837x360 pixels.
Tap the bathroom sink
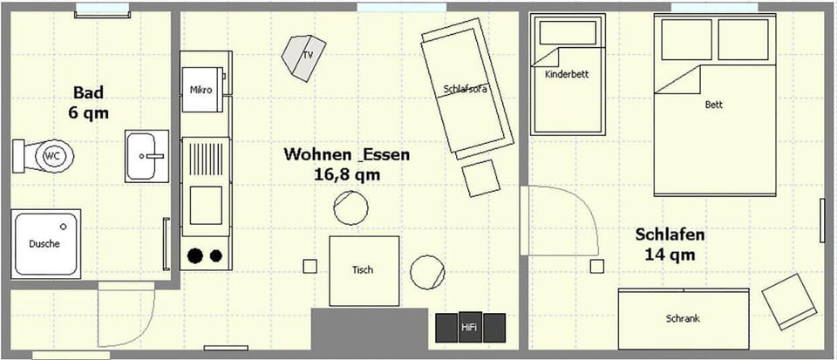pyautogui.click(x=146, y=156)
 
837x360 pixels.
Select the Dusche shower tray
pyautogui.click(x=46, y=243)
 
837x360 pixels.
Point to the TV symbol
pyautogui.click(x=303, y=58)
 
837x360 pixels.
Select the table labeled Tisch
pyautogui.click(x=364, y=270)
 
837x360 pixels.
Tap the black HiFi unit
pyautogui.click(x=470, y=327)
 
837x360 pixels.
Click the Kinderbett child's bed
pyautogui.click(x=568, y=76)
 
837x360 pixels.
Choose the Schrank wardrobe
pyautogui.click(x=683, y=318)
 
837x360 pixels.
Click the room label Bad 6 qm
pyautogui.click(x=89, y=102)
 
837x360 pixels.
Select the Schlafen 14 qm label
pyautogui.click(x=670, y=245)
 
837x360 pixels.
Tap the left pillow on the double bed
pyautogui.click(x=686, y=39)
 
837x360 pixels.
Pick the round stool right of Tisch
pyautogui.click(x=428, y=271)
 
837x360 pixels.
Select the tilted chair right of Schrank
pyautogui.click(x=790, y=302)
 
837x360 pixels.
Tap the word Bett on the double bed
pyautogui.click(x=714, y=105)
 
